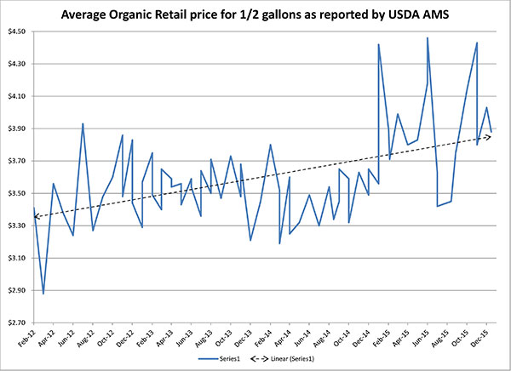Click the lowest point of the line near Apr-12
point(43,294)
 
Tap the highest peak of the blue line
point(428,37)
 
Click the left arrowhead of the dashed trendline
point(37,218)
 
